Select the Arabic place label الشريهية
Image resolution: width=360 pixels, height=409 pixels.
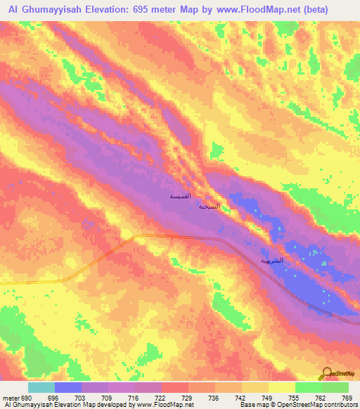(x=273, y=260)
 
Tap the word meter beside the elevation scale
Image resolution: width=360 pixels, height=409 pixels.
(x=11, y=397)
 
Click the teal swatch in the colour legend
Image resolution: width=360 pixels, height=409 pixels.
(x=41, y=387)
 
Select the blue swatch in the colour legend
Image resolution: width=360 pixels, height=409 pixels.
(x=68, y=387)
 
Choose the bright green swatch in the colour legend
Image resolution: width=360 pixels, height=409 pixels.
(x=309, y=387)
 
